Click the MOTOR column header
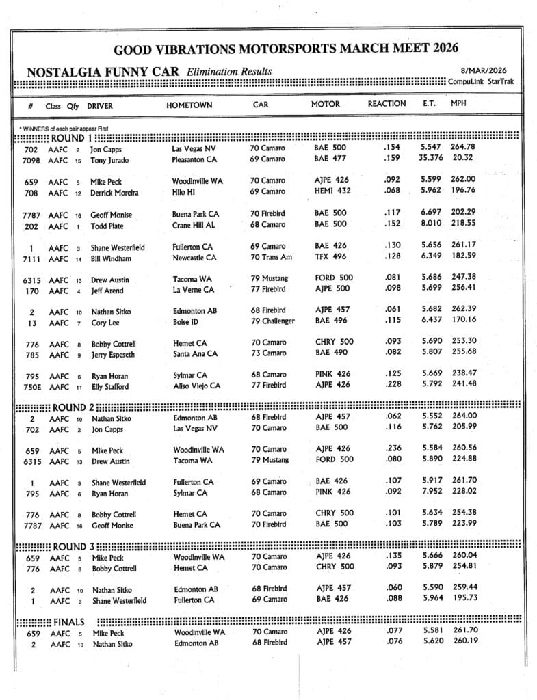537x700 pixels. (325, 105)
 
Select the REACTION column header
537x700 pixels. (387, 104)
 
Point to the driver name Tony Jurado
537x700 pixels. (109, 161)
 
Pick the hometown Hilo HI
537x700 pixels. (188, 192)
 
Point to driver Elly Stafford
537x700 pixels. (112, 386)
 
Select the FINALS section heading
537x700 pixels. (68, 622)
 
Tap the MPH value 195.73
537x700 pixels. (464, 599)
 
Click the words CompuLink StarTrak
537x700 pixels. (481, 81)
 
